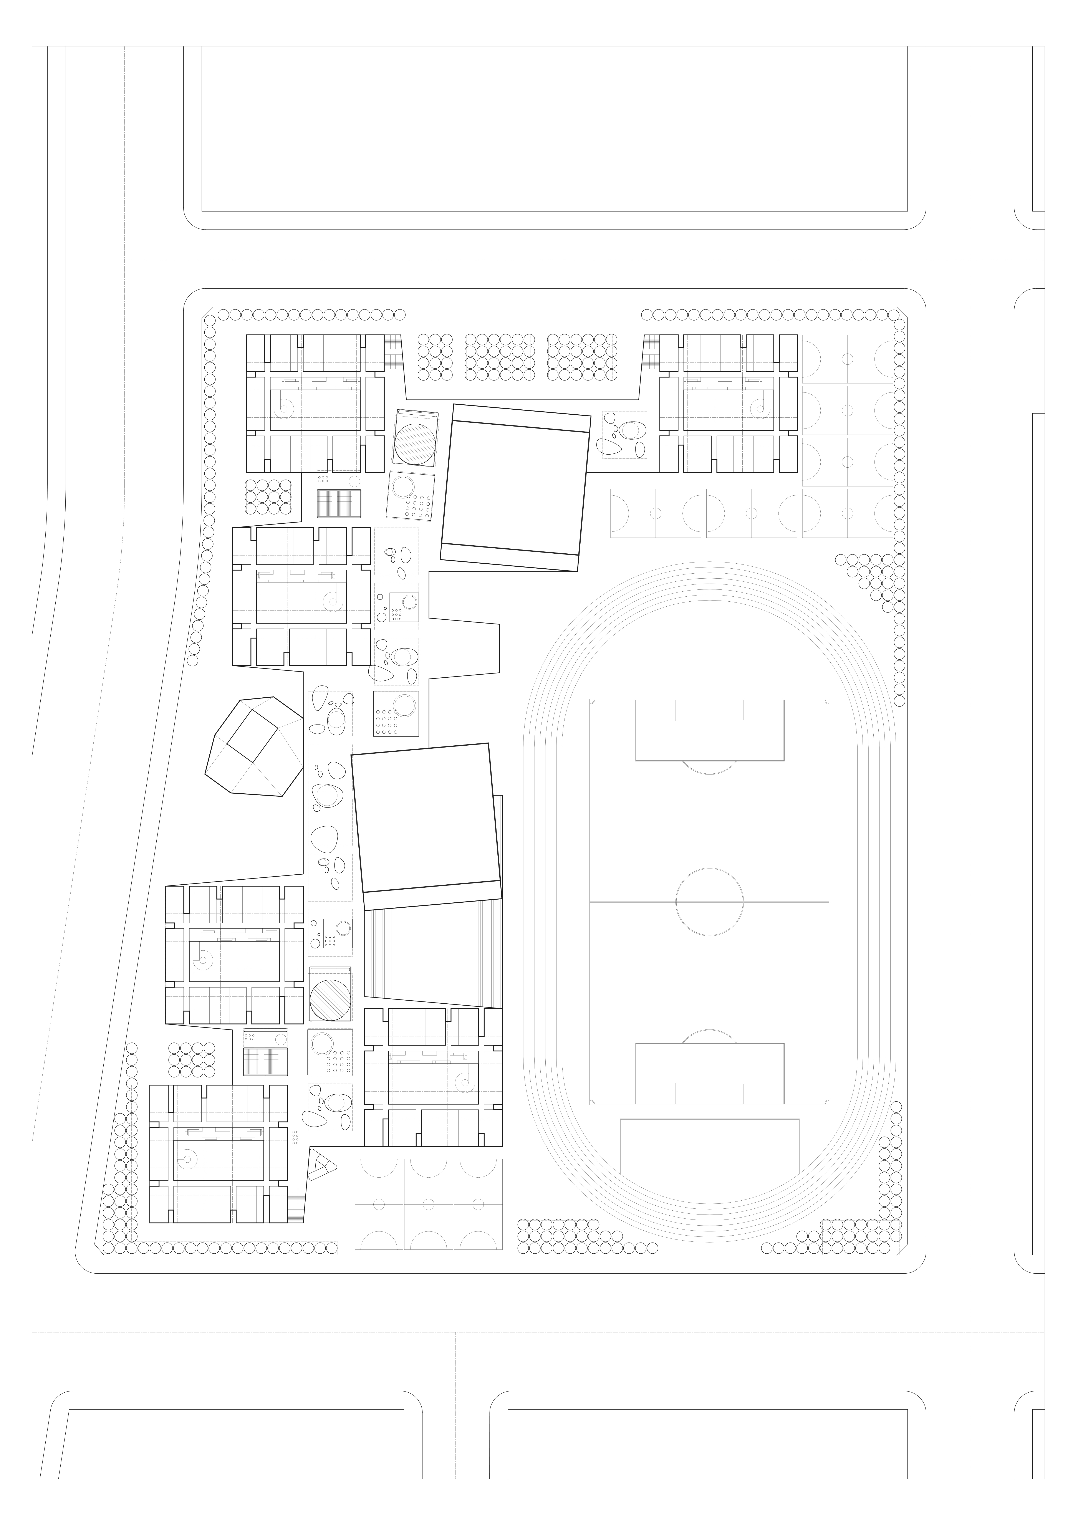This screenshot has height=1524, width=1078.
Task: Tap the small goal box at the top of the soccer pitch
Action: pos(709,710)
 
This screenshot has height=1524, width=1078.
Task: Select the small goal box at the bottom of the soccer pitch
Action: pos(709,1092)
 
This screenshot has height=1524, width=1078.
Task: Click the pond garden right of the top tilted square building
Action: pos(624,435)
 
